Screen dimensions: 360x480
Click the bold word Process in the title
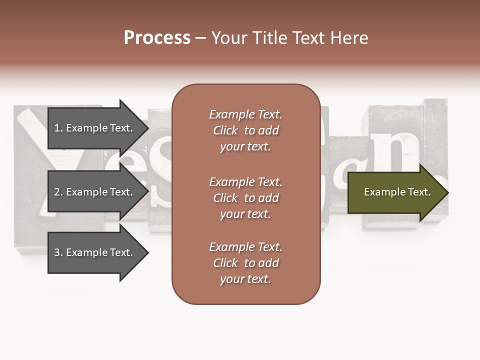tap(157, 38)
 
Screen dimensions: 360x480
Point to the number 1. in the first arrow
tap(58, 128)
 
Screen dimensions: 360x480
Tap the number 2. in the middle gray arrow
tap(58, 192)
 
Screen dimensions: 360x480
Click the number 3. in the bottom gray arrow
tap(58, 252)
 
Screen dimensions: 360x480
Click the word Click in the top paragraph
tap(225, 130)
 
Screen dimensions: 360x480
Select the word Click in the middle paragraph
tap(225, 198)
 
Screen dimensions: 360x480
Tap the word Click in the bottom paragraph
tap(225, 263)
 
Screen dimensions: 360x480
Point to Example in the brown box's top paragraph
tap(231, 114)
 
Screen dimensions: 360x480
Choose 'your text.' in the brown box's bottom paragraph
tap(245, 279)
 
